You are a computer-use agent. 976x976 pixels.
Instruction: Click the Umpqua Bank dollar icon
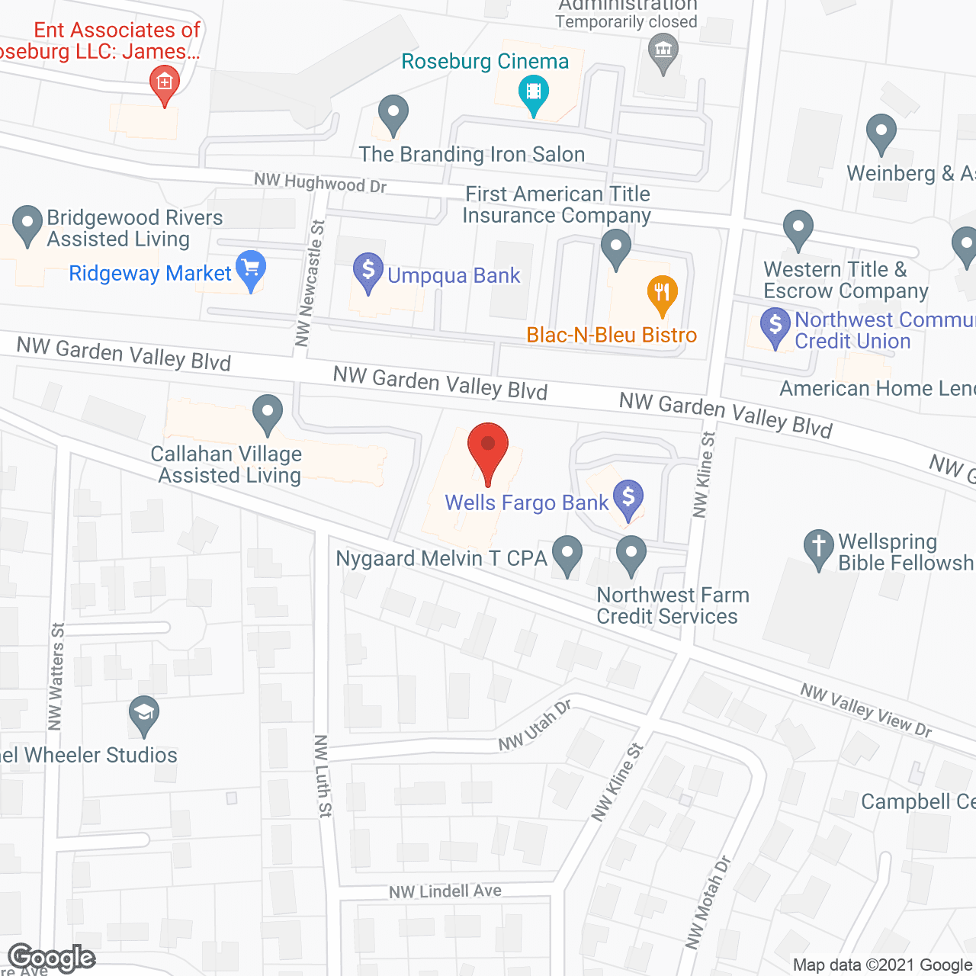pyautogui.click(x=368, y=271)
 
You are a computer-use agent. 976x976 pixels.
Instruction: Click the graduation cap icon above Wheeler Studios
pyautogui.click(x=143, y=715)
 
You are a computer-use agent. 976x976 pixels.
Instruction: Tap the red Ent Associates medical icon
pyautogui.click(x=164, y=82)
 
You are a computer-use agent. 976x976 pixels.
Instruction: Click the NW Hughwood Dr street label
pyautogui.click(x=320, y=182)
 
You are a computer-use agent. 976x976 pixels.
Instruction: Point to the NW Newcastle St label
pyautogui.click(x=310, y=282)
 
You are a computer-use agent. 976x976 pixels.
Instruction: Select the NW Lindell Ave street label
pyautogui.click(x=445, y=891)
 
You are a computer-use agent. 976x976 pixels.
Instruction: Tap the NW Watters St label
pyautogui.click(x=56, y=676)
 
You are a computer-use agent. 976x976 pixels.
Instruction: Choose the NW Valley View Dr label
pyautogui.click(x=866, y=710)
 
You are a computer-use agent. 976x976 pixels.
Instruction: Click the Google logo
pyautogui.click(x=51, y=958)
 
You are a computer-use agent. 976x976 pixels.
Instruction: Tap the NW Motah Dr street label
pyautogui.click(x=708, y=904)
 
